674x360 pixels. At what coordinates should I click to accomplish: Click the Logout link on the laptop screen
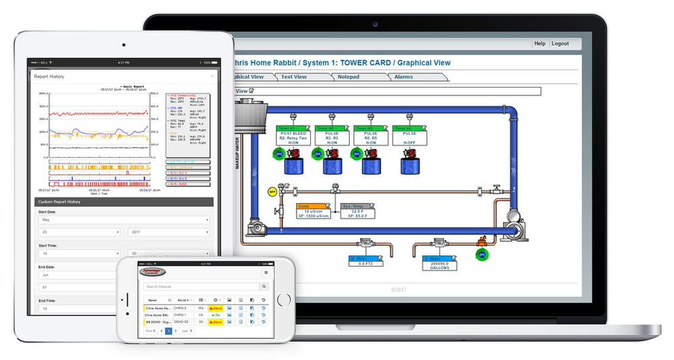point(560,43)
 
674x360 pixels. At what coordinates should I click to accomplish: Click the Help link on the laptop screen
point(540,43)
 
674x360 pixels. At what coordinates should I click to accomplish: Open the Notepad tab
point(348,77)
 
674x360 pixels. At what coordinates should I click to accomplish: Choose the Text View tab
point(294,77)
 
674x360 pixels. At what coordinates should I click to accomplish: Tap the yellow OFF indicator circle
point(272,191)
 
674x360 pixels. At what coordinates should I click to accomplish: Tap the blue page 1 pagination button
point(168,331)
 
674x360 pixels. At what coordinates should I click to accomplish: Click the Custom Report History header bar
point(123,202)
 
